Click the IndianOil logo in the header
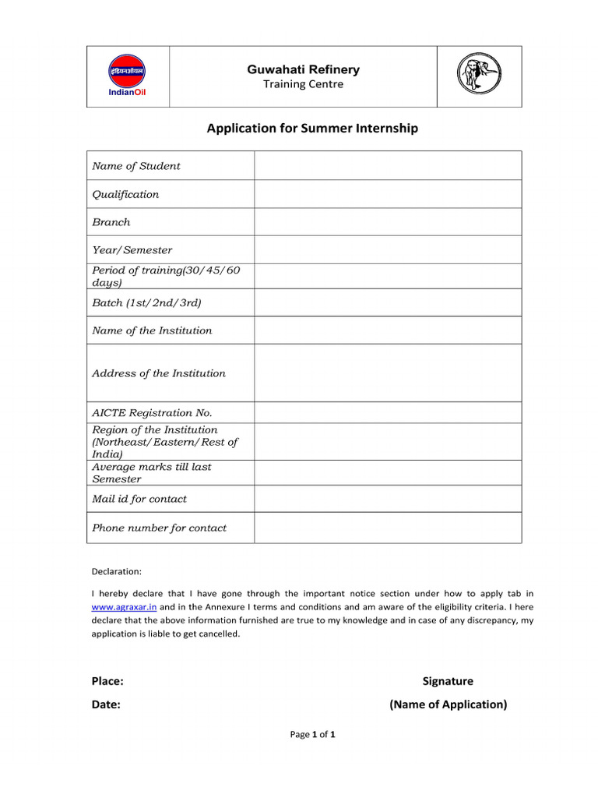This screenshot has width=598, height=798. coord(126,76)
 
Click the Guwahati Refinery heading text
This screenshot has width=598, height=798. coord(303,69)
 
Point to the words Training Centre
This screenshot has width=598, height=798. coord(303,84)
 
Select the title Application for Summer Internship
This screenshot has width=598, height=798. coord(311,129)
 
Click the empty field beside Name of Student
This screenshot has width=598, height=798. coord(387,166)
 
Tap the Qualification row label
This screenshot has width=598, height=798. coord(125,194)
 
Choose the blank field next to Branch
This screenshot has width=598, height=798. coord(387,222)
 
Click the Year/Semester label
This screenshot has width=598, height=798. coord(132,250)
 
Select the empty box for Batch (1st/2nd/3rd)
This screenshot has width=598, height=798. coord(387,302)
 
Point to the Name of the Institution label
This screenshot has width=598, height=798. coord(152,330)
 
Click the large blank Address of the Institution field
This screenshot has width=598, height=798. coord(387,373)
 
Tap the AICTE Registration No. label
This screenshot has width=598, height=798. coord(152,413)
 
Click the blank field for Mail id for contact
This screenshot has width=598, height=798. coord(387,499)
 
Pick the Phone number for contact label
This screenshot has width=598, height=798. coord(160,528)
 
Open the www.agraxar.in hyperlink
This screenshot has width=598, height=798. coord(124,606)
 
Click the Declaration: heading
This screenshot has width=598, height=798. coord(117,571)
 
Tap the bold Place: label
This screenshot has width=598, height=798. coord(107,681)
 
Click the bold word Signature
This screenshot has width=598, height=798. coord(448,681)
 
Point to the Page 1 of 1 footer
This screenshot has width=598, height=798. coord(312,734)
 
